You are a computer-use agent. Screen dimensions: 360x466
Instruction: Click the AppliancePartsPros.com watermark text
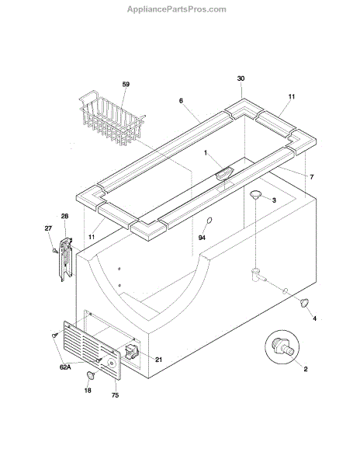[x=177, y=9]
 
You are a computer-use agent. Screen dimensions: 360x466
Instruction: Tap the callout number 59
[x=126, y=84]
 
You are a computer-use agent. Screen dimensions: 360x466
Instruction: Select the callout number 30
[x=241, y=78]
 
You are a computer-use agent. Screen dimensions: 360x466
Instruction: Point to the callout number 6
[x=181, y=101]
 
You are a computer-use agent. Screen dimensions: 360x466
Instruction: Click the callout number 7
[x=311, y=177]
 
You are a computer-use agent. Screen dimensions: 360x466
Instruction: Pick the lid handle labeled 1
[x=224, y=173]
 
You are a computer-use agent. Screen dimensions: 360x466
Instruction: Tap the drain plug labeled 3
[x=255, y=194]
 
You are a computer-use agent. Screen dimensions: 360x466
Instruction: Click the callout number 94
[x=202, y=238]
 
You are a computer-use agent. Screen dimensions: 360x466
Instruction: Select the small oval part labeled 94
[x=209, y=221]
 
